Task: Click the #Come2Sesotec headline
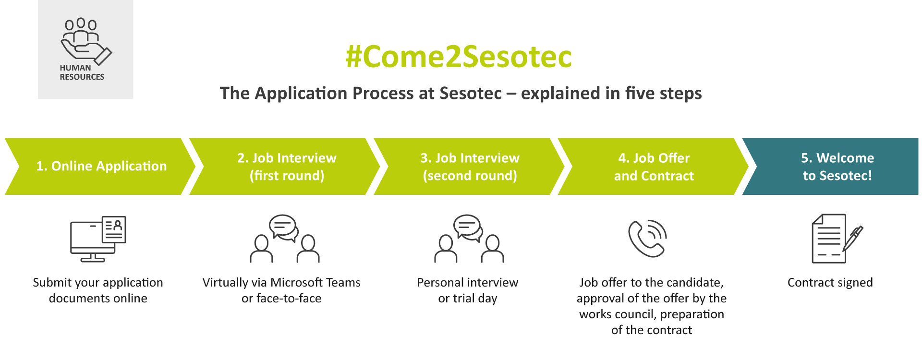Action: (x=459, y=57)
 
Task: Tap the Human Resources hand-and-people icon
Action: (x=86, y=41)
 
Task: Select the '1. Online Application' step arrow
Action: (x=100, y=167)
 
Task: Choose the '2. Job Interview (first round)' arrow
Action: (x=285, y=167)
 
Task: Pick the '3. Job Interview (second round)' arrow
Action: (x=469, y=167)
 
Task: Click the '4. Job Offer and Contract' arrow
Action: (x=653, y=167)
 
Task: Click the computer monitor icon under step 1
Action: (x=98, y=239)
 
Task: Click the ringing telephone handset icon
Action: (x=648, y=239)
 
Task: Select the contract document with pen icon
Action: (x=837, y=239)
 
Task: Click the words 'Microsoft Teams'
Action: (x=315, y=282)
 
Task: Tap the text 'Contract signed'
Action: (x=830, y=283)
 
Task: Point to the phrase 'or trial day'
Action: (x=467, y=299)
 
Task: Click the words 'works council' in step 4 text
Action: (x=618, y=314)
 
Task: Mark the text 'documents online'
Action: (x=98, y=298)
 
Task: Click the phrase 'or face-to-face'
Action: (x=281, y=298)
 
